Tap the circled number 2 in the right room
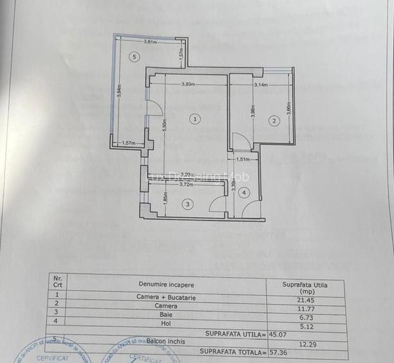274,121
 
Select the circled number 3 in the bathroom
187,204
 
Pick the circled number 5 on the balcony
134,57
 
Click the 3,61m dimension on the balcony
150,43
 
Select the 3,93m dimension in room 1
189,83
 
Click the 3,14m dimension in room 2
261,84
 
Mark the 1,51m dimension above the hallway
243,159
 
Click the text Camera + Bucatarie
165,298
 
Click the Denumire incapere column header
165,284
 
